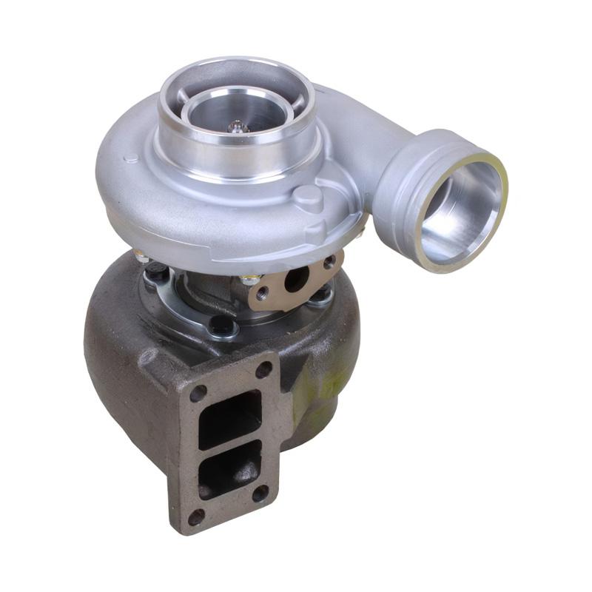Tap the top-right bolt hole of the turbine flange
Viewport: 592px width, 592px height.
click(264, 373)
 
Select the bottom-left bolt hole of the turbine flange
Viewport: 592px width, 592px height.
click(195, 515)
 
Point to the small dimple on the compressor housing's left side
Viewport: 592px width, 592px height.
click(131, 158)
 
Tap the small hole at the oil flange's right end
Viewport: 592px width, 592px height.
click(329, 263)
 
